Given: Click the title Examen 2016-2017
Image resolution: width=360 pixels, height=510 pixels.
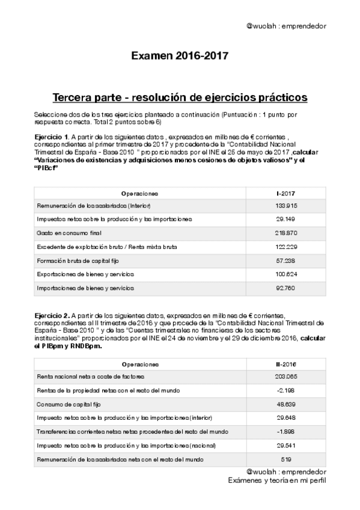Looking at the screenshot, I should click(180, 57).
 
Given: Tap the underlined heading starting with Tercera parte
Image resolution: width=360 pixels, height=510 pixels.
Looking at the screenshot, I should click(180, 97).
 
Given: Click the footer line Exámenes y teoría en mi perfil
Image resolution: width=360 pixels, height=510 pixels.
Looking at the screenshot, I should click(277, 481).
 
